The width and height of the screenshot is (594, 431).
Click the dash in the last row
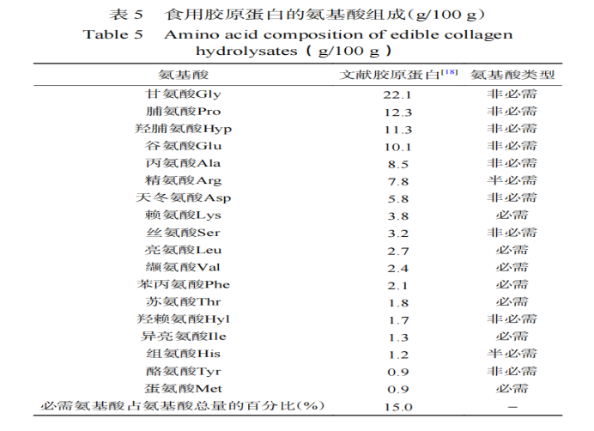tap(512, 406)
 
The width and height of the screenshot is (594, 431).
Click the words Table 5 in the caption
tap(112, 34)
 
